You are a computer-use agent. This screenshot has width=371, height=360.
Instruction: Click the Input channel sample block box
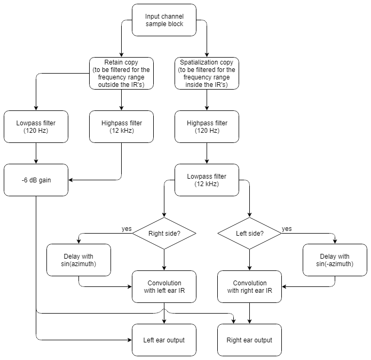tap(164, 20)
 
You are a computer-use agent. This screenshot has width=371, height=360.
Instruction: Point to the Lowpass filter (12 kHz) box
tap(207, 180)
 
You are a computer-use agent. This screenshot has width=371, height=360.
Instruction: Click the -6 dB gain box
tap(36, 180)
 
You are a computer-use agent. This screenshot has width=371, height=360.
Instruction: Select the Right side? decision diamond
tap(164, 233)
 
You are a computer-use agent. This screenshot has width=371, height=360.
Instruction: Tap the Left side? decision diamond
tap(250, 233)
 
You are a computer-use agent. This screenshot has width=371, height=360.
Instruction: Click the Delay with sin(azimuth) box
tap(79, 260)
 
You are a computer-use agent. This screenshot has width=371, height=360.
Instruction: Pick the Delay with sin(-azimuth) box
tap(335, 260)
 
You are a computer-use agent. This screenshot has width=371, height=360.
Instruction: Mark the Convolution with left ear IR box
tap(164, 287)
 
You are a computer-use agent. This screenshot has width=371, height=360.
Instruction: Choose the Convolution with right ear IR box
tap(250, 287)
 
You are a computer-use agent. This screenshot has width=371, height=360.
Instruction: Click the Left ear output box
tap(164, 340)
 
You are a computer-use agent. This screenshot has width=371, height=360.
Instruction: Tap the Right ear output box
tap(250, 340)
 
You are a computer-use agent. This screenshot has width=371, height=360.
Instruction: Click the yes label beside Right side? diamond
tap(127, 228)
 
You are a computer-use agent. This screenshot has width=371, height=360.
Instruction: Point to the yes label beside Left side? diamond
tap(287, 228)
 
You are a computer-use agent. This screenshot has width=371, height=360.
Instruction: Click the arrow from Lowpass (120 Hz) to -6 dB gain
tap(36, 155)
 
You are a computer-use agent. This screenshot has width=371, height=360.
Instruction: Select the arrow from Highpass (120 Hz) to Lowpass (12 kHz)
tap(207, 155)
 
